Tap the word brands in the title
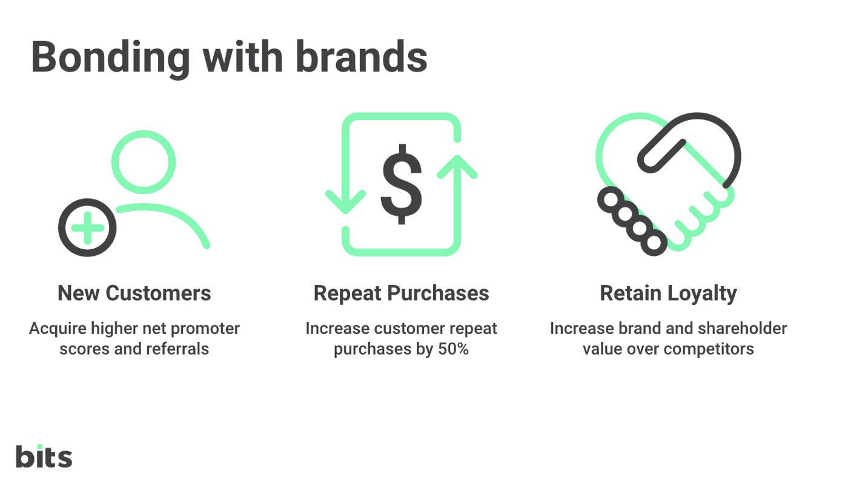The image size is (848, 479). (362, 56)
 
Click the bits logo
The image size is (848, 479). (44, 456)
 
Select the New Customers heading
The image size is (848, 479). (134, 293)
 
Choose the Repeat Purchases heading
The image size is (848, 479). (401, 293)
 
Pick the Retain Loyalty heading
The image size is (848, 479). (669, 293)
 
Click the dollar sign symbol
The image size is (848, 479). (401, 184)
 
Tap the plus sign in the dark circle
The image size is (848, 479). (87, 228)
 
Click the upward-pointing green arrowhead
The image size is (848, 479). (457, 166)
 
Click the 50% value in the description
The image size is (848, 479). (454, 349)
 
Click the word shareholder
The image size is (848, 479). (743, 328)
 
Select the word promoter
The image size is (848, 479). (205, 329)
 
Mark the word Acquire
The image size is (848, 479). (58, 329)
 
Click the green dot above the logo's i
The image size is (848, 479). (40, 447)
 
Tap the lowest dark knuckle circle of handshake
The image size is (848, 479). (654, 243)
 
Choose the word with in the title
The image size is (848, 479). (243, 56)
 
